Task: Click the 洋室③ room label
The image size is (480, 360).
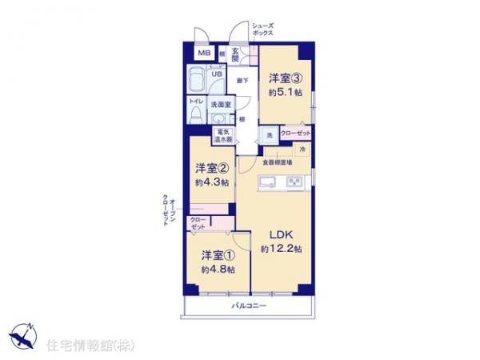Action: click(286, 78)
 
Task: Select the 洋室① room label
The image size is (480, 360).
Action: click(218, 255)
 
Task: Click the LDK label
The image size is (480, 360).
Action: click(281, 235)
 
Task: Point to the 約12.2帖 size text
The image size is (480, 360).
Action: click(281, 250)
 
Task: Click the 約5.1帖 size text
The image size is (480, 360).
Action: click(286, 93)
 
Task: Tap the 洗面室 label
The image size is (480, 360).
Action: click(220, 105)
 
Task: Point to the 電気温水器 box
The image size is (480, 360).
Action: click(223, 135)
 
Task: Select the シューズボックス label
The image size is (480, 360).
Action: click(263, 30)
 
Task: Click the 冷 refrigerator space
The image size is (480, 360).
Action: click(303, 149)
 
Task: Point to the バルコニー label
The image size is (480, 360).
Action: click(249, 306)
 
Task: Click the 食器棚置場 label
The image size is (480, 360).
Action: click(278, 163)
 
